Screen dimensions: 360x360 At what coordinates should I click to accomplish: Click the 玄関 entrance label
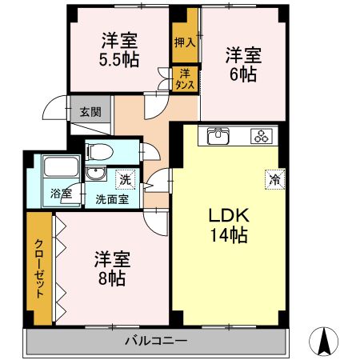90,112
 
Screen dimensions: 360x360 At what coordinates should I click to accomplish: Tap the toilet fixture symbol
99,152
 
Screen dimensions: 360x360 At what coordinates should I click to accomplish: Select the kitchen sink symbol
218,136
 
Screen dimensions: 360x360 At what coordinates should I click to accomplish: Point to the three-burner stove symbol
262,136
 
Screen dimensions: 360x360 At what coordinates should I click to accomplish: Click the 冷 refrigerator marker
275,179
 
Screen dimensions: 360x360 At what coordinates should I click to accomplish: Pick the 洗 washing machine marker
126,179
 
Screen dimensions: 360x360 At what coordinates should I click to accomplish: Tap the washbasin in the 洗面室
96,174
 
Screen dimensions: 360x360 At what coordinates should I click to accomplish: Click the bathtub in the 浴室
61,166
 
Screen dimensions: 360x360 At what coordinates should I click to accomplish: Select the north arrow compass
324,342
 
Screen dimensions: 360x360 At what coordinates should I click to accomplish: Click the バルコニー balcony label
156,341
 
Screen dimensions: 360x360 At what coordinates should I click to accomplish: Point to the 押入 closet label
185,42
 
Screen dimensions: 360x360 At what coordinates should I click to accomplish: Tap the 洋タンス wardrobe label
185,79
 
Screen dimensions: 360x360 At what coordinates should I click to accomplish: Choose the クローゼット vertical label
39,269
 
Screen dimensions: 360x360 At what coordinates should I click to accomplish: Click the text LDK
229,215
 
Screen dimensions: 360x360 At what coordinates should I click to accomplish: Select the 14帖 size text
230,235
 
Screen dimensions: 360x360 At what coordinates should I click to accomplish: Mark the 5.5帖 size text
119,59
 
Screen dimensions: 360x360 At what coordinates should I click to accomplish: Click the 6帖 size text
243,74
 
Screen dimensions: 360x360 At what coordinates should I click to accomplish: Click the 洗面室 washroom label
112,199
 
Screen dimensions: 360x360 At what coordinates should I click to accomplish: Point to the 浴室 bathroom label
62,194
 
